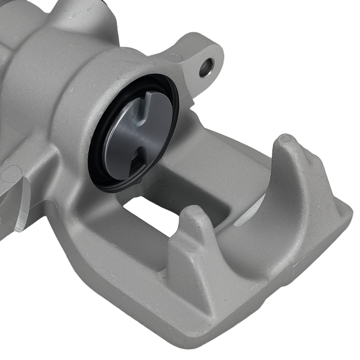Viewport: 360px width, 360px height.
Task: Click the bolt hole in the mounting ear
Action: [207, 67]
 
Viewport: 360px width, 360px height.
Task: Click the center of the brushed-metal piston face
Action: [139, 135]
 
